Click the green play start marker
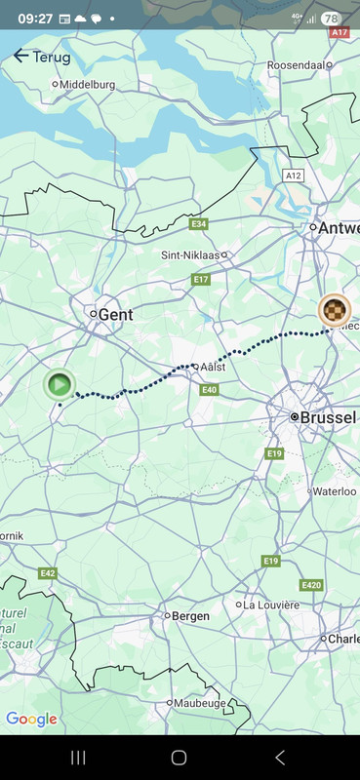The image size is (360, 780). [60, 383]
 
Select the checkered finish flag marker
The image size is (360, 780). [335, 310]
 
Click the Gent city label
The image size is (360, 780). [115, 315]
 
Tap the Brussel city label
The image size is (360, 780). [327, 417]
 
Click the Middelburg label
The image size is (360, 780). [87, 85]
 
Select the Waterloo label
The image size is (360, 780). [333, 492]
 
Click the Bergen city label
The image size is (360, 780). [190, 616]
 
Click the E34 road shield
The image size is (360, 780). [199, 224]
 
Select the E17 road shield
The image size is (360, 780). [201, 280]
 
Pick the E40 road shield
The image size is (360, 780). [209, 389]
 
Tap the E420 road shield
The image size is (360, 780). [310, 585]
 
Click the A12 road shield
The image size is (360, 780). [293, 175]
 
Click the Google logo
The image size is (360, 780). [31, 720]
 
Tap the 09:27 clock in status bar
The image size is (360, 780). [35, 18]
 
